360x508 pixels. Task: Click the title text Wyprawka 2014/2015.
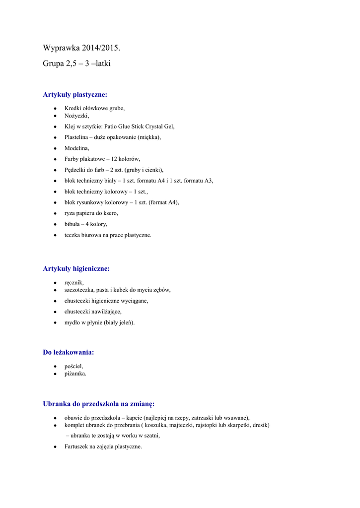coord(81,48)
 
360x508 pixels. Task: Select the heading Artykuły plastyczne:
coord(75,94)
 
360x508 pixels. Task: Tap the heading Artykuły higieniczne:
coord(76,268)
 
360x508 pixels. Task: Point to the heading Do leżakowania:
coord(68,352)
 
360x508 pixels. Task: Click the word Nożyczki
coord(76,116)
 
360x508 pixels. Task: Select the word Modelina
coord(76,148)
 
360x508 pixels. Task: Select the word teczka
coord(72,235)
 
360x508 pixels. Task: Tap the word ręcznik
coord(74,283)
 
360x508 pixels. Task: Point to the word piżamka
coord(75,374)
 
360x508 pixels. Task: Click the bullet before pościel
coord(55,366)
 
